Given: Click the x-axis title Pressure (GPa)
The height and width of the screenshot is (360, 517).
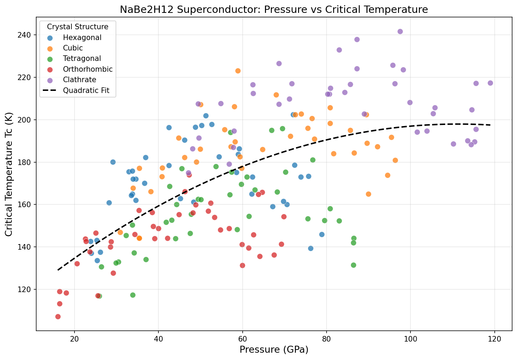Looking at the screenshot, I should [x=274, y=350].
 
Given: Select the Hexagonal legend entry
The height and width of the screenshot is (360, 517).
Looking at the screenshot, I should [x=82, y=38].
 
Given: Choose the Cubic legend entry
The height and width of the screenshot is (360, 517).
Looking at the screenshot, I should [x=73, y=48].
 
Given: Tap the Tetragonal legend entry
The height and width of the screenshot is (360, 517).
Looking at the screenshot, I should [x=82, y=58].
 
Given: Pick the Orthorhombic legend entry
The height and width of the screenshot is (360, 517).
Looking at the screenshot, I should [x=88, y=69].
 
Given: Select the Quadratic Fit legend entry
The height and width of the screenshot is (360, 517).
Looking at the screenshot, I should [x=86, y=91].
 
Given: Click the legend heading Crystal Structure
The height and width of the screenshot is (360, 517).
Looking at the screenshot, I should [x=78, y=27].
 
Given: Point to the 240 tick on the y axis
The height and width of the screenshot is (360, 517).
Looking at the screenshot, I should [x=29, y=35].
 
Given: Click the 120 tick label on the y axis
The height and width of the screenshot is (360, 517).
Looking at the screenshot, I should [x=29, y=289].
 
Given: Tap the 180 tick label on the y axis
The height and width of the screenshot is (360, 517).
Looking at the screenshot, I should [x=29, y=162].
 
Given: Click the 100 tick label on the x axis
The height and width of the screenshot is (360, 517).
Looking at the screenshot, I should [x=410, y=337].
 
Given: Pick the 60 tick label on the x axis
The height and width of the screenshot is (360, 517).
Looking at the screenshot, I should [x=243, y=337].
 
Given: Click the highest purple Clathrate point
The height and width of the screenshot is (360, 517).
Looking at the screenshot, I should [x=400, y=31].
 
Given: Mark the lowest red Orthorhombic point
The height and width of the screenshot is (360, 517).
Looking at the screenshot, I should [x=58, y=316].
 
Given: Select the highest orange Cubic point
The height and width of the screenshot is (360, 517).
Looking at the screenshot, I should [x=238, y=71].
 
